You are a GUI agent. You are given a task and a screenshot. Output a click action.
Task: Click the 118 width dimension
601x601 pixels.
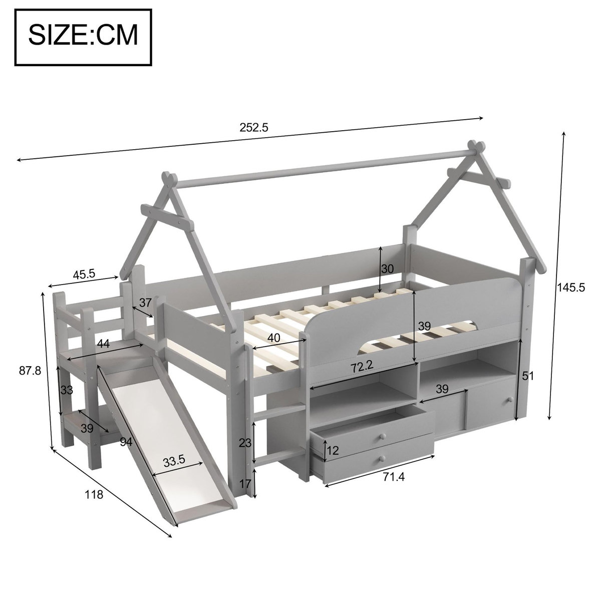point(94,494)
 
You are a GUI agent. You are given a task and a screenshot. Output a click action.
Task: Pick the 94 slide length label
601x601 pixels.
point(126,441)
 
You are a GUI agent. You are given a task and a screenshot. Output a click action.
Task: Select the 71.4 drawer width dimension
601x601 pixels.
point(393,477)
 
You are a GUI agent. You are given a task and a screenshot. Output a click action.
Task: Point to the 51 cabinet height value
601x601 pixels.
point(527,376)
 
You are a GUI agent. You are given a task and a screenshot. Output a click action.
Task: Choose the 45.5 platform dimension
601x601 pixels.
point(85,274)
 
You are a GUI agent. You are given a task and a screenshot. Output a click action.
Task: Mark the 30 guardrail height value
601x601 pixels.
point(387,268)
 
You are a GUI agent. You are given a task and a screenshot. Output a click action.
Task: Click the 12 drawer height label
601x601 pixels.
point(333,450)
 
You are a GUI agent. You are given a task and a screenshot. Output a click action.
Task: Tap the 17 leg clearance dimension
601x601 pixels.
point(245,484)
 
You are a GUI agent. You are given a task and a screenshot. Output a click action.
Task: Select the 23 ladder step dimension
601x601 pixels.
point(245,443)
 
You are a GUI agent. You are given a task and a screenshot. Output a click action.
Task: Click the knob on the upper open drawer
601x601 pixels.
point(382,436)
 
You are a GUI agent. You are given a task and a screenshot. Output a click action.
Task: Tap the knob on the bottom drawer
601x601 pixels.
point(382,458)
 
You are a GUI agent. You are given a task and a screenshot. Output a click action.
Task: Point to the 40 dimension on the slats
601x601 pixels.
point(273,338)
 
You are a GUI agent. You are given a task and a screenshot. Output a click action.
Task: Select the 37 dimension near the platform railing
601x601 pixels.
point(145,303)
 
